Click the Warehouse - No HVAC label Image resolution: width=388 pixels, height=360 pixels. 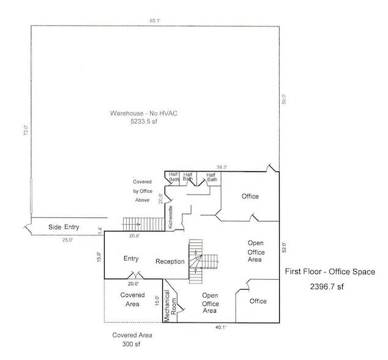pyautogui.click(x=143, y=113)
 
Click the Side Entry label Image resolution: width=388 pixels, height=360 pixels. pyautogui.click(x=64, y=227)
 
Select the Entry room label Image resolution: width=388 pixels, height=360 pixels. pyautogui.click(x=131, y=258)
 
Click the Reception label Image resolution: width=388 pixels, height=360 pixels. pyautogui.click(x=170, y=261)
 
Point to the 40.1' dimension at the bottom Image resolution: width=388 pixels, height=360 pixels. pyautogui.click(x=220, y=328)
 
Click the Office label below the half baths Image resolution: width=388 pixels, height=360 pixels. pyautogui.click(x=250, y=197)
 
